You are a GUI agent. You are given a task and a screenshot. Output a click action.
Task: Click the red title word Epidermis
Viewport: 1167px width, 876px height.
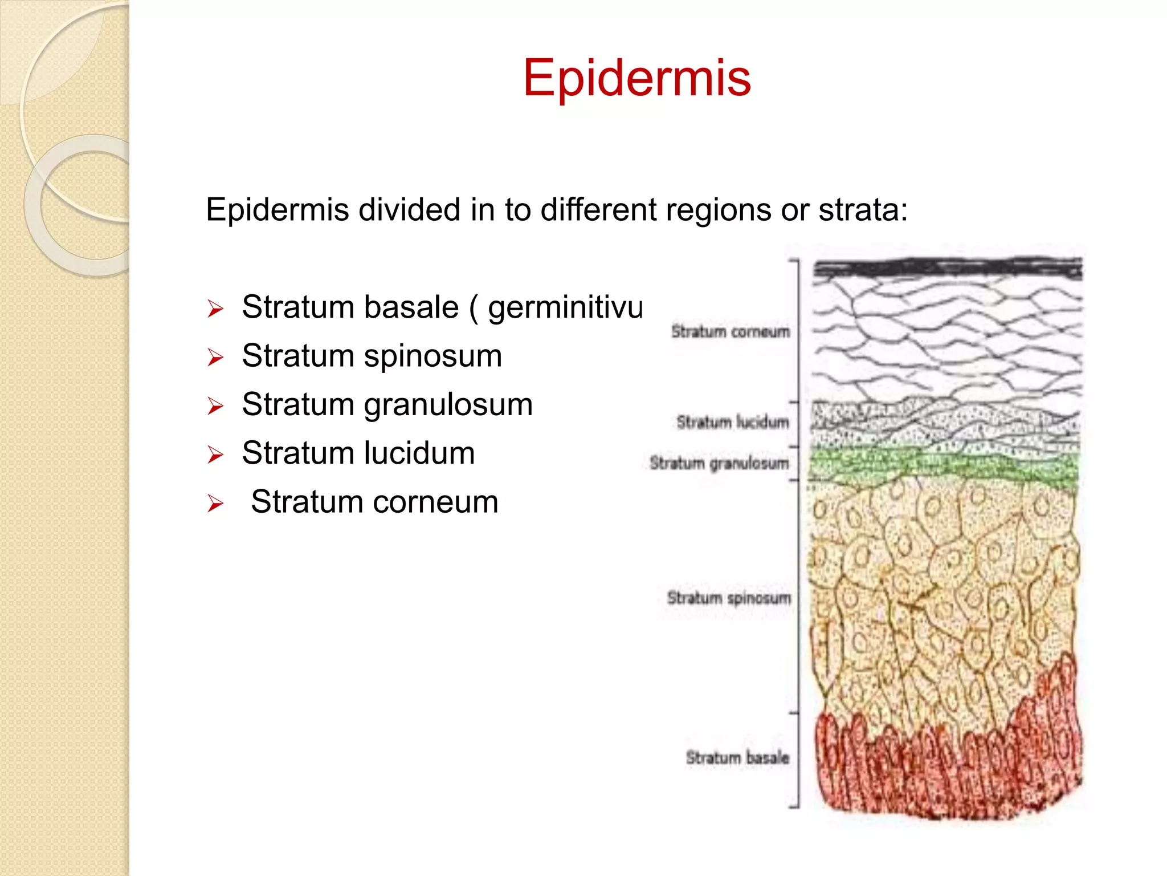[x=636, y=78]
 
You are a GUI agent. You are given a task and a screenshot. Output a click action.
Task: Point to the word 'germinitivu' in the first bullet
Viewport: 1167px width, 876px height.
[x=565, y=309]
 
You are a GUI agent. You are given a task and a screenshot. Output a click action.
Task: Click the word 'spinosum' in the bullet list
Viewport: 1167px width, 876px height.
[x=432, y=356]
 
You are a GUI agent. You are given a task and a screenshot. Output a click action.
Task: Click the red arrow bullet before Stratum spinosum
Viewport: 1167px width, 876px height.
[x=215, y=358]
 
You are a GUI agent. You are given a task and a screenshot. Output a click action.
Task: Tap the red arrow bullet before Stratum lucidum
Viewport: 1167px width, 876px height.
[x=215, y=455]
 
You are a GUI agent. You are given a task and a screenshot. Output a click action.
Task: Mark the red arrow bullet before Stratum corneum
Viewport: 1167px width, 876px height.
[x=215, y=504]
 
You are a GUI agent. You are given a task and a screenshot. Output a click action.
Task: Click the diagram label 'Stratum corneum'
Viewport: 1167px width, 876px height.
[x=730, y=331]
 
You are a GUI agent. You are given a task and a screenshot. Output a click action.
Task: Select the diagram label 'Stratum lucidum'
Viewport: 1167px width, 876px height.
[x=732, y=422]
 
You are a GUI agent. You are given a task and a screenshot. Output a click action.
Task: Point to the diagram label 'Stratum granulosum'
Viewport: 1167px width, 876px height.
[x=719, y=463]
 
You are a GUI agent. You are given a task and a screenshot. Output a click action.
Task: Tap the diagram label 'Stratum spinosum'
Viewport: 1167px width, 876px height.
[x=729, y=598]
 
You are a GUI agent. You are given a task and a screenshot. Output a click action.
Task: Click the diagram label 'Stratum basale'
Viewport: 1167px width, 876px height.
[x=737, y=757]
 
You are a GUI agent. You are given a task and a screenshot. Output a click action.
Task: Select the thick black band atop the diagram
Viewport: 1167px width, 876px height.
[x=947, y=267]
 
